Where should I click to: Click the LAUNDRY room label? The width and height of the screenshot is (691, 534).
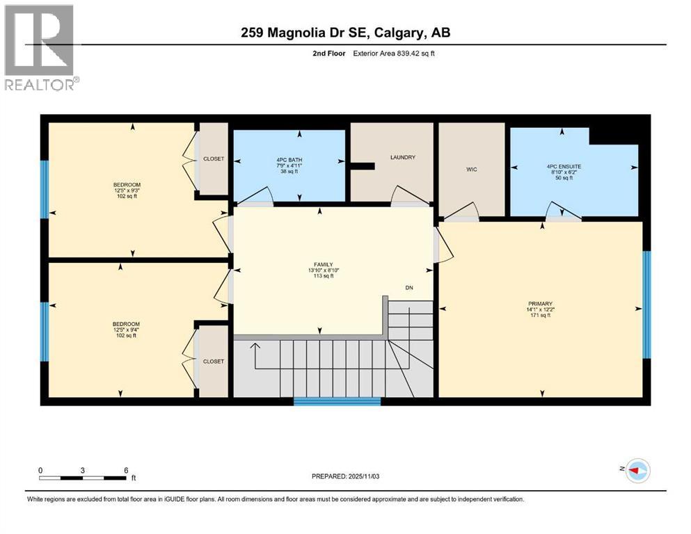click(404, 157)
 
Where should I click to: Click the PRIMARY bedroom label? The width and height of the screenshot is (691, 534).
click(539, 303)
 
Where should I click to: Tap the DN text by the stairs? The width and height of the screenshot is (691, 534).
click(410, 288)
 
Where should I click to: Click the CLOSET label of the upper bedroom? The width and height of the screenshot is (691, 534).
click(214, 159)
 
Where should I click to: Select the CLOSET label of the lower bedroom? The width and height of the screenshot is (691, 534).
click(214, 362)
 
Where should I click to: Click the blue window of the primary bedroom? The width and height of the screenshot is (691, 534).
click(646, 305)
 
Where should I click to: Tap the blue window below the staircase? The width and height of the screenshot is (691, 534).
click(337, 401)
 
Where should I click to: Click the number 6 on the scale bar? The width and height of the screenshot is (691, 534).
click(126, 470)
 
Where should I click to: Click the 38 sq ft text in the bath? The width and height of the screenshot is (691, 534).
click(289, 171)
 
